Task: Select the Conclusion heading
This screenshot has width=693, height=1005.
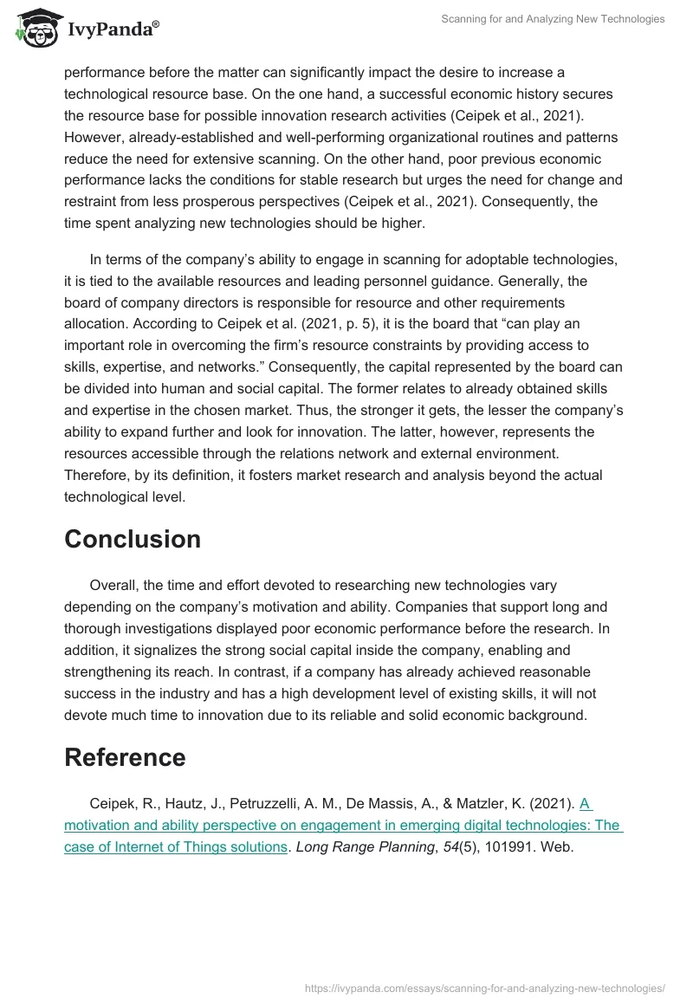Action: click(x=133, y=539)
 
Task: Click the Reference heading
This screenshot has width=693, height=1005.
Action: click(x=125, y=757)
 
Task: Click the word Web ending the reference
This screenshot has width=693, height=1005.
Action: click(x=556, y=847)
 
